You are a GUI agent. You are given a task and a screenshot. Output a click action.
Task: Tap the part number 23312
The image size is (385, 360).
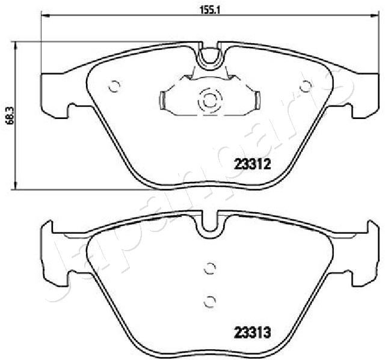click(253, 164)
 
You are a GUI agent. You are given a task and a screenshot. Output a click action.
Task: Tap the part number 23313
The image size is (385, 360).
click(253, 333)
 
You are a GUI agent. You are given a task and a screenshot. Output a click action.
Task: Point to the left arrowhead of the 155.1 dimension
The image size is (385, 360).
click(45, 16)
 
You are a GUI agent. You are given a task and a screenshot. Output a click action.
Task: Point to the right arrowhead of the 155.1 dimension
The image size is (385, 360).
click(375, 16)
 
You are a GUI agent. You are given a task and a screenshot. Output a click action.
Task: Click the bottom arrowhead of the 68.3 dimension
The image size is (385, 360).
click(16, 185)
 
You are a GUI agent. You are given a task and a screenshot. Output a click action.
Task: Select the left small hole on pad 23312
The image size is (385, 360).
click(114, 86)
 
